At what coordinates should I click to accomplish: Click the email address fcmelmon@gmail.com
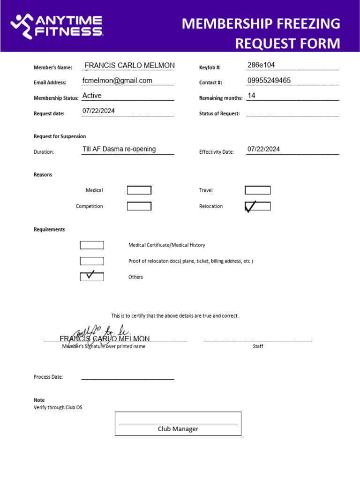tap(117, 81)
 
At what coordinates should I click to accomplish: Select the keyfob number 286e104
tap(261, 65)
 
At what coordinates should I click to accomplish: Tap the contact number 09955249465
tap(269, 81)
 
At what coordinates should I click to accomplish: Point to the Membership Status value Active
tap(92, 96)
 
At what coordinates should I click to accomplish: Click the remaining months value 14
tap(251, 96)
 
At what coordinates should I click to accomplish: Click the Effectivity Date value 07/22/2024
tap(263, 149)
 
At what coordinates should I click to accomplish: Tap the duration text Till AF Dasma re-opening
tap(119, 149)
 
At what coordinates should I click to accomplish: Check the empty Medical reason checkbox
tap(139, 190)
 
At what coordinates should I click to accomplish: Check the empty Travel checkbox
tap(257, 190)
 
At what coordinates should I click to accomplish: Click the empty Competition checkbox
tap(139, 206)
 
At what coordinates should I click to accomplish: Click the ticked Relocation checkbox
tap(257, 206)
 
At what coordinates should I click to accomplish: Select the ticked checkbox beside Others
tap(92, 277)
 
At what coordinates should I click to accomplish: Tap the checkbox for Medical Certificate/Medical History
tap(92, 245)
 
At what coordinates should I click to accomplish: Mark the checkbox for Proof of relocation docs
tap(92, 261)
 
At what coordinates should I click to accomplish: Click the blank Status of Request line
tap(292, 114)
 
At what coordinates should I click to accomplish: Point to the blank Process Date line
tap(127, 377)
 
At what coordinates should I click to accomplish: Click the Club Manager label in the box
tap(178, 429)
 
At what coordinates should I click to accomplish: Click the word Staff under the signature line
tap(258, 346)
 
